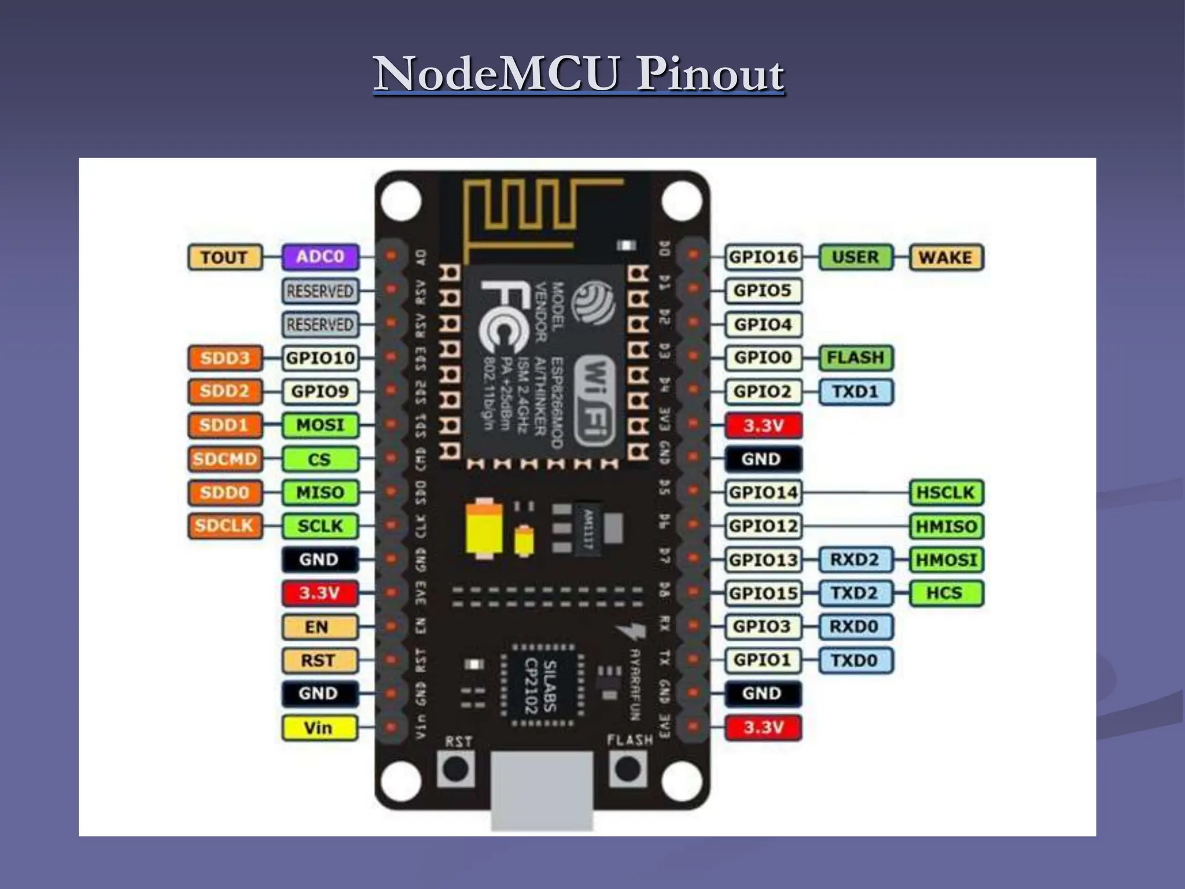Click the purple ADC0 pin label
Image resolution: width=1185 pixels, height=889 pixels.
click(x=320, y=257)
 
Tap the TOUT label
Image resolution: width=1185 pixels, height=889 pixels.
click(x=225, y=257)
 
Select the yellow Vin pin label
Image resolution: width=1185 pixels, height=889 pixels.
click(x=319, y=728)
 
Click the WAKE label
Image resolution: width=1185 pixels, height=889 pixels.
click(x=946, y=257)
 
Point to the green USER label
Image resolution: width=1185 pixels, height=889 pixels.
click(x=855, y=257)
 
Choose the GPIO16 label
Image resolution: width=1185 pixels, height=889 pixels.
click(x=763, y=257)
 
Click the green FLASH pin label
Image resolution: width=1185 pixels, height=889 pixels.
click(x=855, y=358)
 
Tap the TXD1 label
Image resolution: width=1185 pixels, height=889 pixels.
click(x=855, y=392)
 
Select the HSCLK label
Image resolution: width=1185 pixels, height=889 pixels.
click(x=946, y=493)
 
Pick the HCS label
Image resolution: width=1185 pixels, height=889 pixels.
click(x=946, y=593)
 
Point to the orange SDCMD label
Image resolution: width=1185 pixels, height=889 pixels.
click(x=225, y=459)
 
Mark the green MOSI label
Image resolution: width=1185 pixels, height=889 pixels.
click(x=320, y=425)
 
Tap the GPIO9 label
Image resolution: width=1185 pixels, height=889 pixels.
click(x=320, y=392)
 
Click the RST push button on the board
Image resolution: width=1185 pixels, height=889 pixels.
click(x=456, y=770)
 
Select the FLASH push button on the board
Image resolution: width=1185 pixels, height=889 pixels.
click(x=628, y=770)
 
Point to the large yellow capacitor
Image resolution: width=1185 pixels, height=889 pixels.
click(x=484, y=528)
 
